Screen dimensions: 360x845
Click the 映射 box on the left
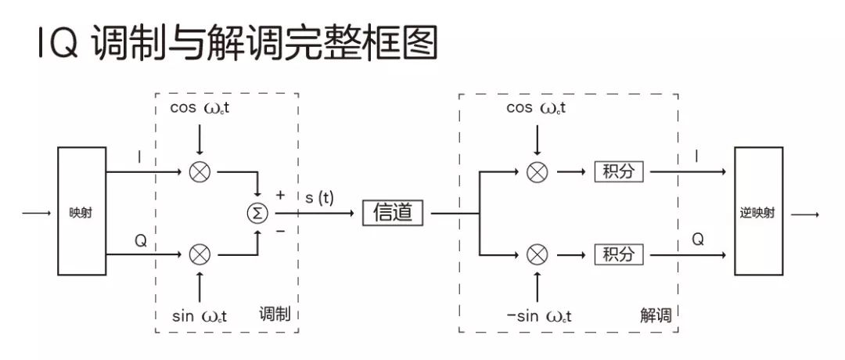click(x=81, y=211)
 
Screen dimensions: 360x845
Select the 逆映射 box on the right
click(x=757, y=212)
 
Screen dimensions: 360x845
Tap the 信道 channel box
click(x=393, y=212)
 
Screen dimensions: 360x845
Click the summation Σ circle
click(x=257, y=212)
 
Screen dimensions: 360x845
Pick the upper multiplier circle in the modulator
click(x=200, y=171)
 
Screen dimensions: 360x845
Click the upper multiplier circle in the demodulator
click(x=537, y=171)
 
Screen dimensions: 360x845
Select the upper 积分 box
click(x=619, y=171)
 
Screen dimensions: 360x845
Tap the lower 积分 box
click(x=619, y=254)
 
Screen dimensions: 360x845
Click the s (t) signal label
click(x=318, y=197)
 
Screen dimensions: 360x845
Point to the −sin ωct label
click(x=539, y=316)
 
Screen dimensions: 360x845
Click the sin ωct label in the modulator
click(x=200, y=316)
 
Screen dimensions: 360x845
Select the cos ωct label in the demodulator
click(x=537, y=108)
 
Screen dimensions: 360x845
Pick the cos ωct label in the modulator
click(x=200, y=108)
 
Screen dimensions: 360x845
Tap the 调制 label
click(x=274, y=315)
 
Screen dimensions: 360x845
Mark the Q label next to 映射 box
click(x=140, y=241)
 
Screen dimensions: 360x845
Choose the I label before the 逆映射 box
click(x=698, y=157)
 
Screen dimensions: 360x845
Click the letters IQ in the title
click(x=57, y=45)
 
